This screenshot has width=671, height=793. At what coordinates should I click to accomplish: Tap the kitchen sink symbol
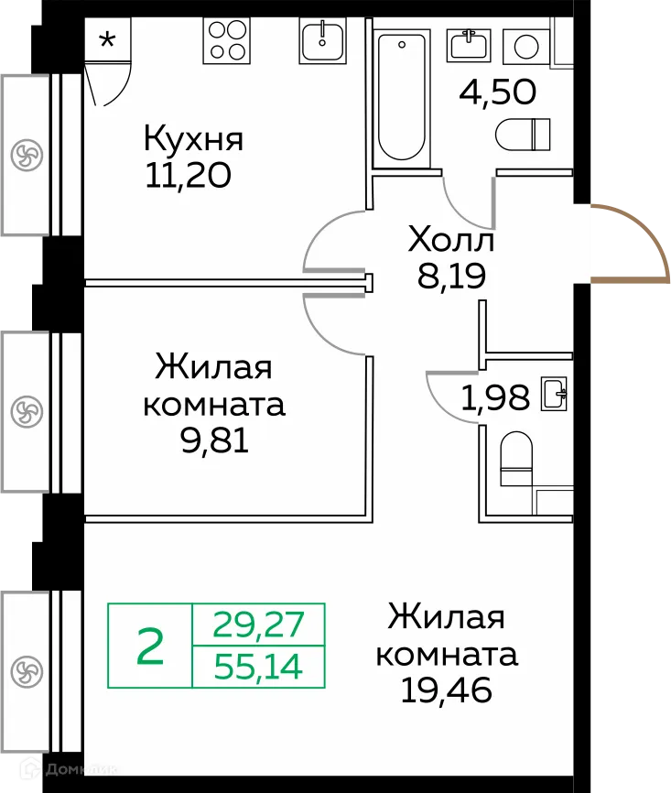322,41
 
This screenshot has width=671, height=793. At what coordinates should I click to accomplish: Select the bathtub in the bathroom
403,95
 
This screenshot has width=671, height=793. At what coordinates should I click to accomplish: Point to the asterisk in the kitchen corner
107,40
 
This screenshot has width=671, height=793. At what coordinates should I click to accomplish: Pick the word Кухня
193,140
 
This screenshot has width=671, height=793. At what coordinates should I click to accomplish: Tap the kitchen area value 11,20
187,173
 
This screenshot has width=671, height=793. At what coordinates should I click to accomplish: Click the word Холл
450,242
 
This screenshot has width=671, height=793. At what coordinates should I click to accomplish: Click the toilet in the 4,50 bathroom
523,134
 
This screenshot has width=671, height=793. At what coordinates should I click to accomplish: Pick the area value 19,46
447,690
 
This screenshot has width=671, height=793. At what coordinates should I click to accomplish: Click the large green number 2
150,646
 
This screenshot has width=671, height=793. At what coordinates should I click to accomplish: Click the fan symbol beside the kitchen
27,154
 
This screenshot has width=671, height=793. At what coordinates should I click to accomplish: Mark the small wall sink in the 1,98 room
554,396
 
